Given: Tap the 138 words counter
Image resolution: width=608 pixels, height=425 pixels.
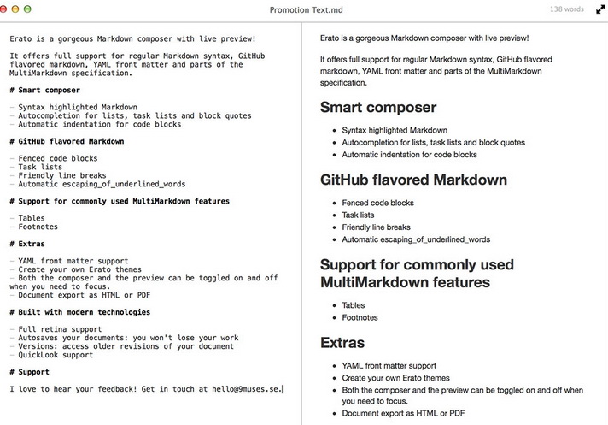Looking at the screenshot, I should coord(567,9).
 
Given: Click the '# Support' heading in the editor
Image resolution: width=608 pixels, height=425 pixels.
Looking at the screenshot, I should coord(29,372).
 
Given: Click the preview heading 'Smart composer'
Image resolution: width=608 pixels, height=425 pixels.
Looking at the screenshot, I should coord(377,108).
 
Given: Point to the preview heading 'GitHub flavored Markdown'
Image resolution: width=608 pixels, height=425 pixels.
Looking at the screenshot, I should coord(413,180).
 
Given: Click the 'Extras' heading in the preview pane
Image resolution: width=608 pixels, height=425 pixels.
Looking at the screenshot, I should coord(342,343).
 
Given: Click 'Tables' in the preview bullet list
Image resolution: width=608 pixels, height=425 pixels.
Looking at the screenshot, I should coord(354,305).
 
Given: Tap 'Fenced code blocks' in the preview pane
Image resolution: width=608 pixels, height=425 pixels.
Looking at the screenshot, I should coord(377,204).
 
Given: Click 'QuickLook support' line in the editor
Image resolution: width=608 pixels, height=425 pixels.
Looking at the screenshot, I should coord(56,355).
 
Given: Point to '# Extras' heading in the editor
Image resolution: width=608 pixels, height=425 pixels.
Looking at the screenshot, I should coord(29,244).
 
